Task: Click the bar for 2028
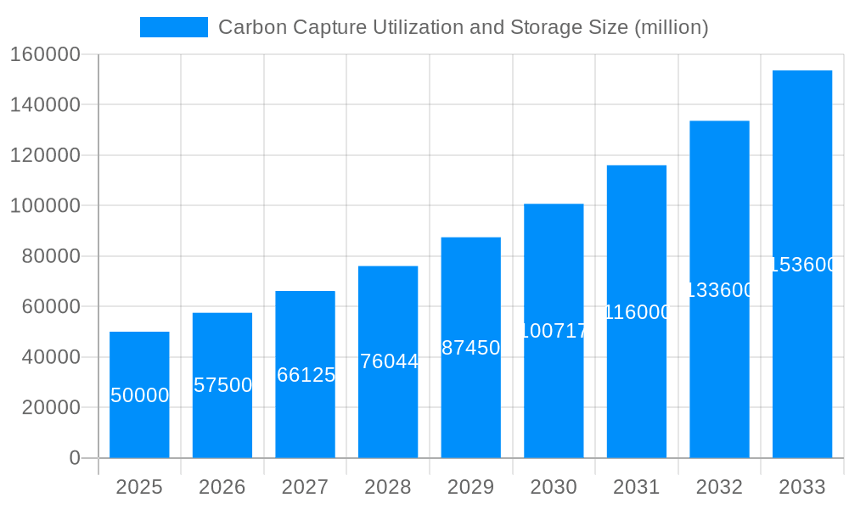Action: point(388,407)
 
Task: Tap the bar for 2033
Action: point(802,356)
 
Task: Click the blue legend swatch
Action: point(174,27)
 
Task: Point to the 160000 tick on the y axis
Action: point(44,55)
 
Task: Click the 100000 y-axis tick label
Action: point(44,206)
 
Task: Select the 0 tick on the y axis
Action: point(75,458)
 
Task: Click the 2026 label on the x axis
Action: point(222,487)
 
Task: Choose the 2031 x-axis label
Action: point(637,487)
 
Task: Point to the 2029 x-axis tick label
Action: point(471,487)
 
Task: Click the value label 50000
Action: point(140,395)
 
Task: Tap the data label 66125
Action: point(306,375)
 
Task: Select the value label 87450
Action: point(471,348)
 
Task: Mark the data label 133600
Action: point(720,290)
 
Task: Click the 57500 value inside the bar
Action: point(223,385)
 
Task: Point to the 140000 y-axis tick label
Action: point(44,105)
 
